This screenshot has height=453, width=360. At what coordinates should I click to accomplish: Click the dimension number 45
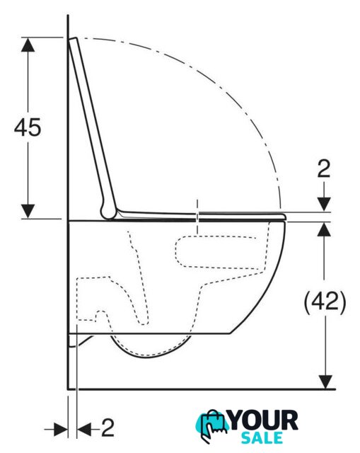pyautogui.click(x=28, y=127)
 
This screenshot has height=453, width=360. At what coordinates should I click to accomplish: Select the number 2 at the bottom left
pyautogui.click(x=108, y=428)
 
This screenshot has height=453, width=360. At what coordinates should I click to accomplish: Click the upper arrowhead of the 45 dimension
pyautogui.click(x=28, y=45)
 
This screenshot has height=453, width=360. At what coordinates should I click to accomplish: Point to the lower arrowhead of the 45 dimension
pyautogui.click(x=28, y=211)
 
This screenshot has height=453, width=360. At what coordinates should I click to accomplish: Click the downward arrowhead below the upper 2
pyautogui.click(x=324, y=205)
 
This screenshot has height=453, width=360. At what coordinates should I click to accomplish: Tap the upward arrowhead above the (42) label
pyautogui.click(x=325, y=229)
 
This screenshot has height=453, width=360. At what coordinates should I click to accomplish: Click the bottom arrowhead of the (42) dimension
pyautogui.click(x=325, y=382)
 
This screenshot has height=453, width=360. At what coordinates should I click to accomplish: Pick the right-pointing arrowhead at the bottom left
pyautogui.click(x=61, y=430)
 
